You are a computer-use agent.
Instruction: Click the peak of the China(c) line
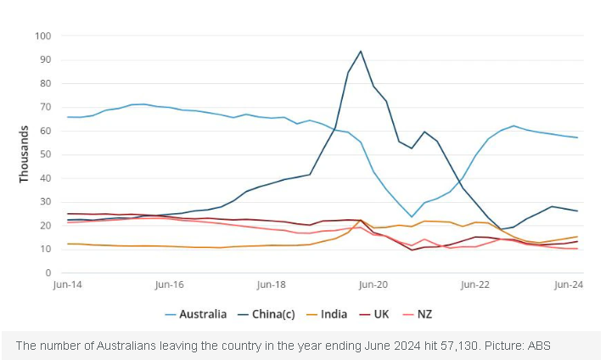(x=361, y=51)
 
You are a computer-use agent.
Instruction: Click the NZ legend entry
(x=424, y=314)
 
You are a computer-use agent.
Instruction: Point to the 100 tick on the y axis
(x=43, y=37)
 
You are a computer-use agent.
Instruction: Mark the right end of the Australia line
(x=578, y=138)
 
